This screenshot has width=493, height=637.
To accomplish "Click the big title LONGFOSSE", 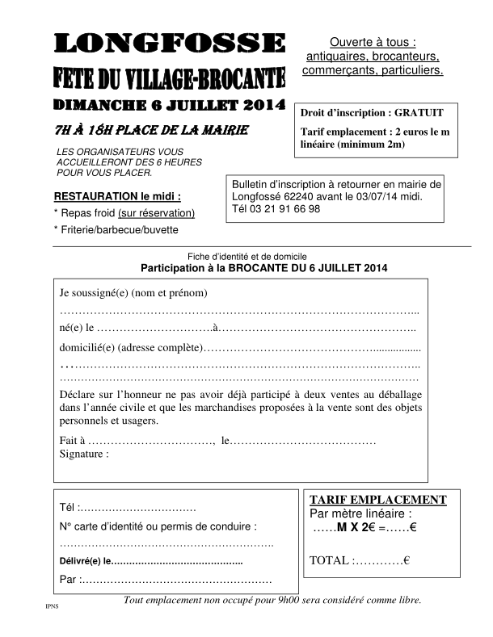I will (x=169, y=44).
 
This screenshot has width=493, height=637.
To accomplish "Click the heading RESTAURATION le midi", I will (x=117, y=196).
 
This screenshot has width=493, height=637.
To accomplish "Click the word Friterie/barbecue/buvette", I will (x=120, y=229).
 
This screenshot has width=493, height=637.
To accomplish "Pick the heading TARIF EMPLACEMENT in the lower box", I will (x=377, y=500).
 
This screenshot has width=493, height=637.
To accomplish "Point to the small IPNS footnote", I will (x=52, y=606).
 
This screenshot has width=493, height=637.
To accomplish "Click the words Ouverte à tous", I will (x=372, y=42).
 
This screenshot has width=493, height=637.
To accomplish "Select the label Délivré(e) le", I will (x=84, y=560).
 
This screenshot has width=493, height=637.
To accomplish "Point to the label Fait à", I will (x=72, y=441).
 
